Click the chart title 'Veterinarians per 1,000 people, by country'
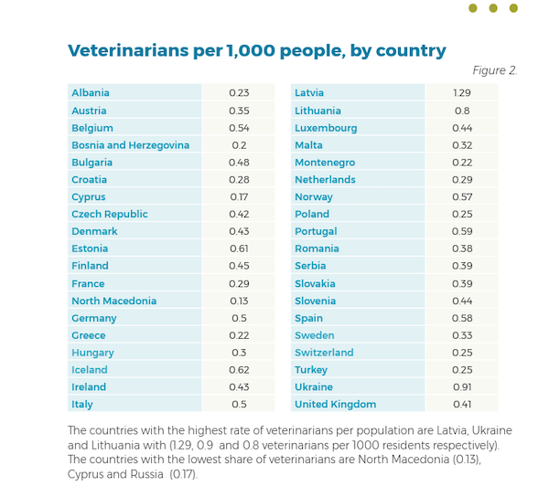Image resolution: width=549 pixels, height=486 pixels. [x=256, y=50]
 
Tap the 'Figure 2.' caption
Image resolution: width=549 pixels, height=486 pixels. [x=494, y=70]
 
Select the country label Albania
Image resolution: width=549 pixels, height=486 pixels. [x=91, y=93]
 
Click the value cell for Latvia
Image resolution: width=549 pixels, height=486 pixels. [x=461, y=93]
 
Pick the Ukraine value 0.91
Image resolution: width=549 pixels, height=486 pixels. [x=461, y=387]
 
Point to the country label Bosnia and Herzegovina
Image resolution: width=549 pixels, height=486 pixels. [x=130, y=145]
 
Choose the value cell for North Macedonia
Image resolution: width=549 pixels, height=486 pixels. [x=239, y=301]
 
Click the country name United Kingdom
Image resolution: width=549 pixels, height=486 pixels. [x=335, y=405]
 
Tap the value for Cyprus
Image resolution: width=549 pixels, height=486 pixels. [x=239, y=197]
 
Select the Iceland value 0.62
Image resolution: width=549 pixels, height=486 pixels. [x=239, y=370]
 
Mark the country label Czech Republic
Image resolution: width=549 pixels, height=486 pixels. [x=110, y=215]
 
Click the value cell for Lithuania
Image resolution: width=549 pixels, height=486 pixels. [x=461, y=111]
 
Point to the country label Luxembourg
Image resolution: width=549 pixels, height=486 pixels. [x=326, y=128]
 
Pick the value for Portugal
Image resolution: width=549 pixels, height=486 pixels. [x=461, y=232]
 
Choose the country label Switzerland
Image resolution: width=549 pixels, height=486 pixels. [x=324, y=353]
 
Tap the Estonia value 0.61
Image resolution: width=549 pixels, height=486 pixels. [x=239, y=248]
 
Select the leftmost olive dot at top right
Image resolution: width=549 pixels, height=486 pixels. [x=473, y=8]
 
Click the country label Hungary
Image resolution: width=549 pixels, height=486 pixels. [x=92, y=353]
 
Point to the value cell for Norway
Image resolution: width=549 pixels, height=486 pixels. [x=461, y=197]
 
